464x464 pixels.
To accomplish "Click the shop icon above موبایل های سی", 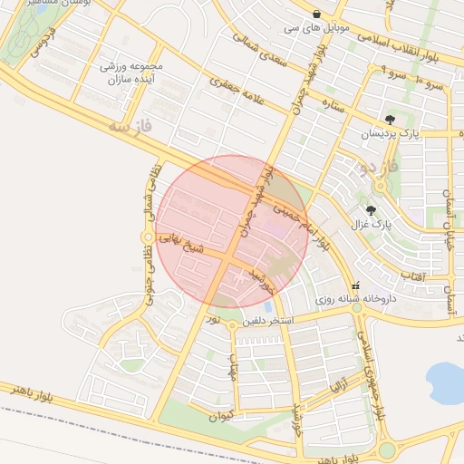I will pos(314,14).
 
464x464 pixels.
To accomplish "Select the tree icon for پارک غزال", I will pos(371,210).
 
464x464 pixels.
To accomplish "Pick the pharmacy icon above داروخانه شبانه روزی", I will pos(355,285).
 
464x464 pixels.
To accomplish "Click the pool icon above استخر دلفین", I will pos(268,306).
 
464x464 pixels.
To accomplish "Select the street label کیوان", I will pos(220,416).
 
